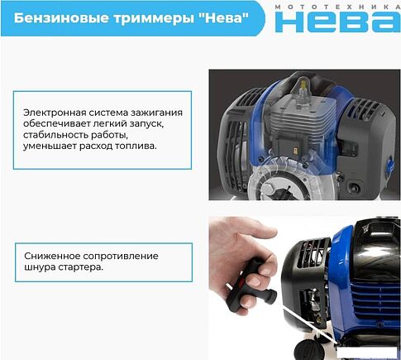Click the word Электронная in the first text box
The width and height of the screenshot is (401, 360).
(56, 113)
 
